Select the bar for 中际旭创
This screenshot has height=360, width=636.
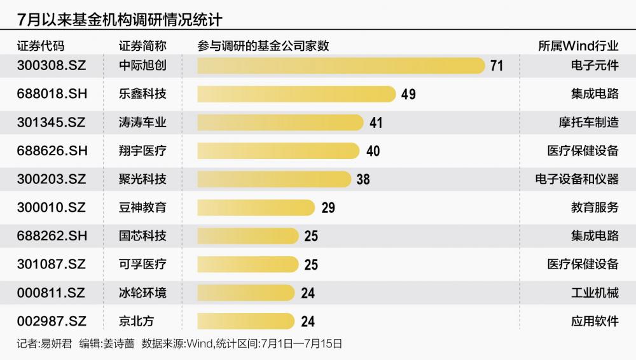pos(341,66)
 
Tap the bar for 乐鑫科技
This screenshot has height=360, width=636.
pos(296,94)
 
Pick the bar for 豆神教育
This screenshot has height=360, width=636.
pos(256,207)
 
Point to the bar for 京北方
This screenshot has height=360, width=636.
pos(246,321)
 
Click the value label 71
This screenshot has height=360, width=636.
pos(496,66)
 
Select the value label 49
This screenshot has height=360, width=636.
pos(408,94)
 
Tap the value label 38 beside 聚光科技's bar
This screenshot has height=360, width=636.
pos(363,179)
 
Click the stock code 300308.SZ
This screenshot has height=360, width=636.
pos(50,66)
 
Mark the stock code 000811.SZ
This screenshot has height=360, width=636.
pos(50,293)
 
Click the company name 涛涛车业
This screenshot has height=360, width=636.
pos(142,122)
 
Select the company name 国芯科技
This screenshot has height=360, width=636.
pos(142,236)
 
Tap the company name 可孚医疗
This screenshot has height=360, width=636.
pos(142,265)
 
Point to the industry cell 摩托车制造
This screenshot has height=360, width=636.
pos(588,122)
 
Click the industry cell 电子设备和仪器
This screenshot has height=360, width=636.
pos(577,179)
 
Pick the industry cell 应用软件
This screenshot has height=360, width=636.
pos(595,321)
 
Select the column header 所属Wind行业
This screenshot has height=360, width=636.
pos(578,46)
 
